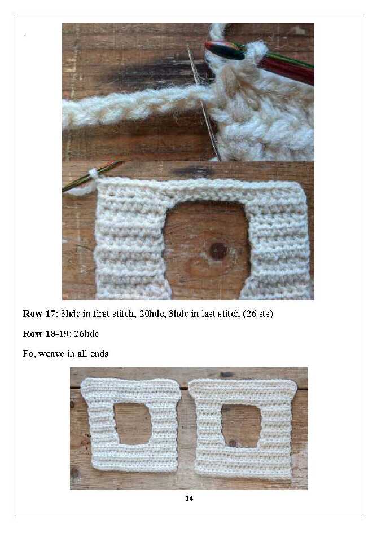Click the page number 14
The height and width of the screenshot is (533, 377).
click(x=189, y=498)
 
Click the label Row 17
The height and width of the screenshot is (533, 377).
click(x=38, y=314)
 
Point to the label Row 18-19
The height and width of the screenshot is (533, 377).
click(x=46, y=333)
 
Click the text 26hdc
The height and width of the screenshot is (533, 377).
click(x=86, y=333)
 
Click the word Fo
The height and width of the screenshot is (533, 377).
click(x=28, y=354)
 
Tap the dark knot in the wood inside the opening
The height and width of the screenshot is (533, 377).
click(x=218, y=251)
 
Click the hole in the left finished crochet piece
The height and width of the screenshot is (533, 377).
click(x=133, y=423)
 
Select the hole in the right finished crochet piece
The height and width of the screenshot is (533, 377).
click(x=241, y=425)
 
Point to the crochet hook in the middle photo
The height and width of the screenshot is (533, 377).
click(x=92, y=176)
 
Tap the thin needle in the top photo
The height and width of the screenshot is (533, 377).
click(x=204, y=102)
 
